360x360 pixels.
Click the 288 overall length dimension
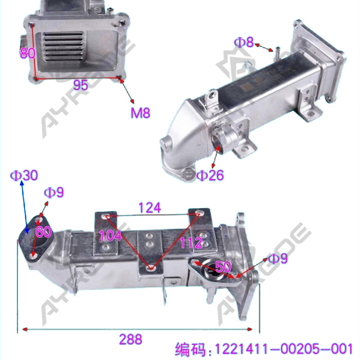(x=130, y=339)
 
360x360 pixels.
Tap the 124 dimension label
(x=150, y=207)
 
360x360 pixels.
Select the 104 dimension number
(x=110, y=235)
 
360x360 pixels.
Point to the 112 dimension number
(x=191, y=242)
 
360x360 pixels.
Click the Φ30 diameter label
(x=24, y=175)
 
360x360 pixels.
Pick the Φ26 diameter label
(x=210, y=175)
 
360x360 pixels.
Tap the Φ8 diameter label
(x=244, y=42)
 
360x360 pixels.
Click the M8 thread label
(x=140, y=113)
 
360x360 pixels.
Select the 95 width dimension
(x=81, y=85)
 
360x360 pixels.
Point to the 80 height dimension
(x=28, y=53)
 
